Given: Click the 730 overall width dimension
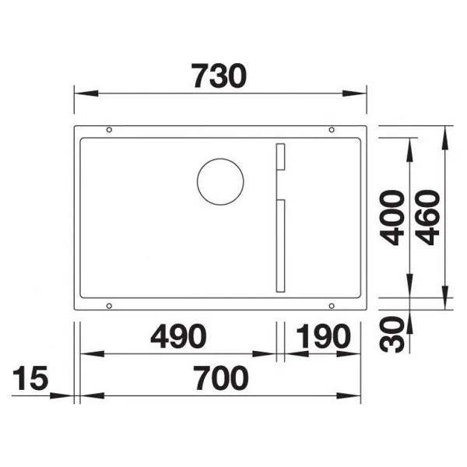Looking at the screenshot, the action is (x=219, y=75).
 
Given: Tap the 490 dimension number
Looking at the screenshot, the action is (x=178, y=336).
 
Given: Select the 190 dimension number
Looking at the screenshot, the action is (x=324, y=336).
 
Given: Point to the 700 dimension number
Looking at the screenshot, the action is (x=221, y=378).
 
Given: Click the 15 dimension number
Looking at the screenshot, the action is (x=30, y=378).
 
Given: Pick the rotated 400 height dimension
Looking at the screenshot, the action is (x=392, y=218).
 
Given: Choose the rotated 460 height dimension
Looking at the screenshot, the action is (x=427, y=218).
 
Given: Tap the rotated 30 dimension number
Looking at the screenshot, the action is (x=392, y=335).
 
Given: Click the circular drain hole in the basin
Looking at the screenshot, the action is (x=220, y=159).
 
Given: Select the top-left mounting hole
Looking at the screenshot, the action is (x=109, y=129).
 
